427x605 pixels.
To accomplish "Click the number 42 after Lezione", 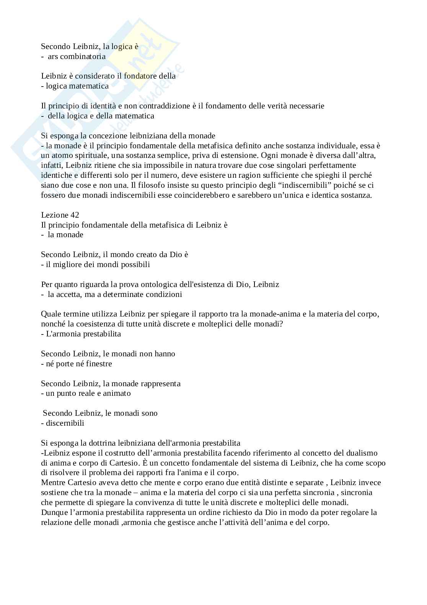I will pos(75,215).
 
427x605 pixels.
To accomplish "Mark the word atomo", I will pos(59,156).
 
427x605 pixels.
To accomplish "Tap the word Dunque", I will pos(54,512).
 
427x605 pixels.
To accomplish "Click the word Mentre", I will pos(53,482).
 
